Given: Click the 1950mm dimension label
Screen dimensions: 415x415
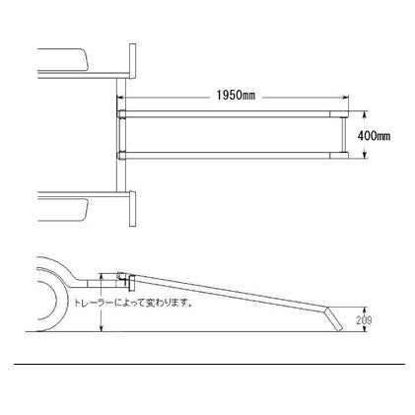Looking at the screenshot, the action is [x=236, y=96].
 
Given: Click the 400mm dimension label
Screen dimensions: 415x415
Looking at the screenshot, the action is [x=374, y=136].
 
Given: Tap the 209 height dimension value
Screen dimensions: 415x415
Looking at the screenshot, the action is [x=364, y=320].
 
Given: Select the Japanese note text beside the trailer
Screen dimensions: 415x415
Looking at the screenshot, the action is [x=133, y=303].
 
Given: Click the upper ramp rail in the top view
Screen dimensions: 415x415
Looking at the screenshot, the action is [x=233, y=114].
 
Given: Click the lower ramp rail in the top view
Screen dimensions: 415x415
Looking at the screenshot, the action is [x=233, y=156].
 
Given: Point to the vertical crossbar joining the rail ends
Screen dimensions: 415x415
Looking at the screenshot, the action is [x=344, y=135].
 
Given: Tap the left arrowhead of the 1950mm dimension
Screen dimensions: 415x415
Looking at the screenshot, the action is [x=120, y=98].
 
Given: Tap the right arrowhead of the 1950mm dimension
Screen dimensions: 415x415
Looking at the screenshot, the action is [x=346, y=98].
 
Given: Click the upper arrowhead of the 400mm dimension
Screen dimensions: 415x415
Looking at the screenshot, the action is [x=365, y=113].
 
